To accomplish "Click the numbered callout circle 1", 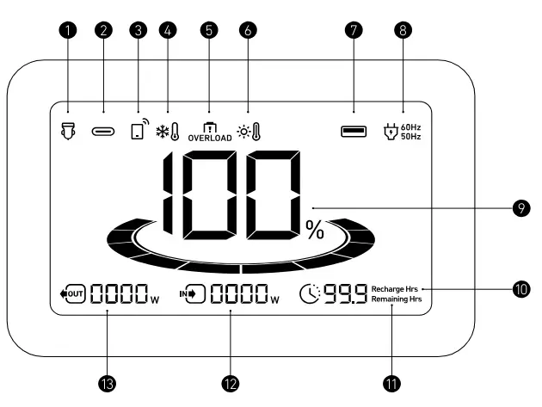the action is [x=68, y=30].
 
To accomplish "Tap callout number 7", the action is [x=354, y=30].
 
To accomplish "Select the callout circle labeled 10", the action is [x=521, y=289].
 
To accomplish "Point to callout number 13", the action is [x=108, y=384].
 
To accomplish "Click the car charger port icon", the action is [x=68, y=131].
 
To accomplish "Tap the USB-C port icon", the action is [x=103, y=132].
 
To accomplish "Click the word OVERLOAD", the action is [x=210, y=138].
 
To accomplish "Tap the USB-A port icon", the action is [x=354, y=132].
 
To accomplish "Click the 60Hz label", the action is [x=410, y=127].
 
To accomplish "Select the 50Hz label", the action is [x=410, y=137].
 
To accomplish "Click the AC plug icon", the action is [x=391, y=132].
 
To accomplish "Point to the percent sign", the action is [x=315, y=230].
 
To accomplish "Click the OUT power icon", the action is [x=72, y=294].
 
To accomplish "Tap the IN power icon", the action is [x=192, y=294].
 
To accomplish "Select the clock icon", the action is [x=310, y=294].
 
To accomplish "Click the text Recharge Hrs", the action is [x=394, y=289].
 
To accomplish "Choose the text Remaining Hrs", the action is [x=397, y=299].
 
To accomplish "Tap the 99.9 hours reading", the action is [x=345, y=294].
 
